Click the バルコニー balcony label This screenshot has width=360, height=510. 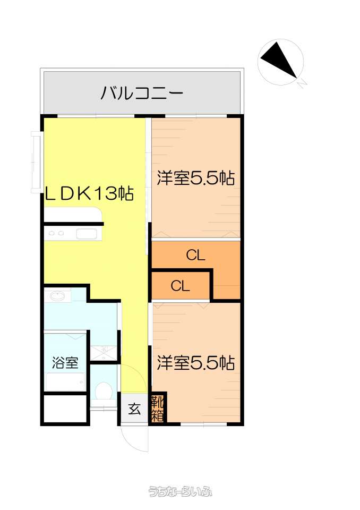142,93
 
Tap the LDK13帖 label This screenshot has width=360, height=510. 89,194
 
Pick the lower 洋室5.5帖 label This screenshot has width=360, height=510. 196,362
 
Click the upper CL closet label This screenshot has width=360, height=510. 195,256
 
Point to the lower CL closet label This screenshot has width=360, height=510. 180,286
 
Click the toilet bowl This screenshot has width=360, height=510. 104,390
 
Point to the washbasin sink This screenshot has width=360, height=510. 58,296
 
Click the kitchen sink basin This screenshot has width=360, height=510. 87,234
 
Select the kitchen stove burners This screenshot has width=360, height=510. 56,233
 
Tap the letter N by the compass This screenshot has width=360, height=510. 302,83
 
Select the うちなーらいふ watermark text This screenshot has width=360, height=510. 180,491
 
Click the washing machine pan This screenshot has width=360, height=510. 104,353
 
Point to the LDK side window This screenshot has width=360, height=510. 36,162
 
